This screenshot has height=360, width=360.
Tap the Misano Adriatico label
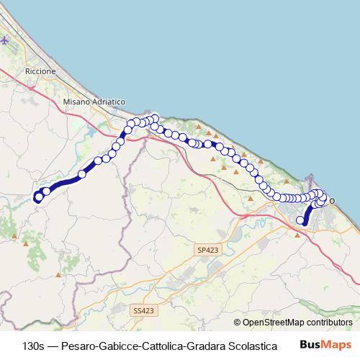point(94,103)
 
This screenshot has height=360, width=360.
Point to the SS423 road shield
point(144,310)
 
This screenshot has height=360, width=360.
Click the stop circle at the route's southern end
point(301,220)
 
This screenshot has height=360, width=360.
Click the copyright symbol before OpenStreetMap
point(238,323)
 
